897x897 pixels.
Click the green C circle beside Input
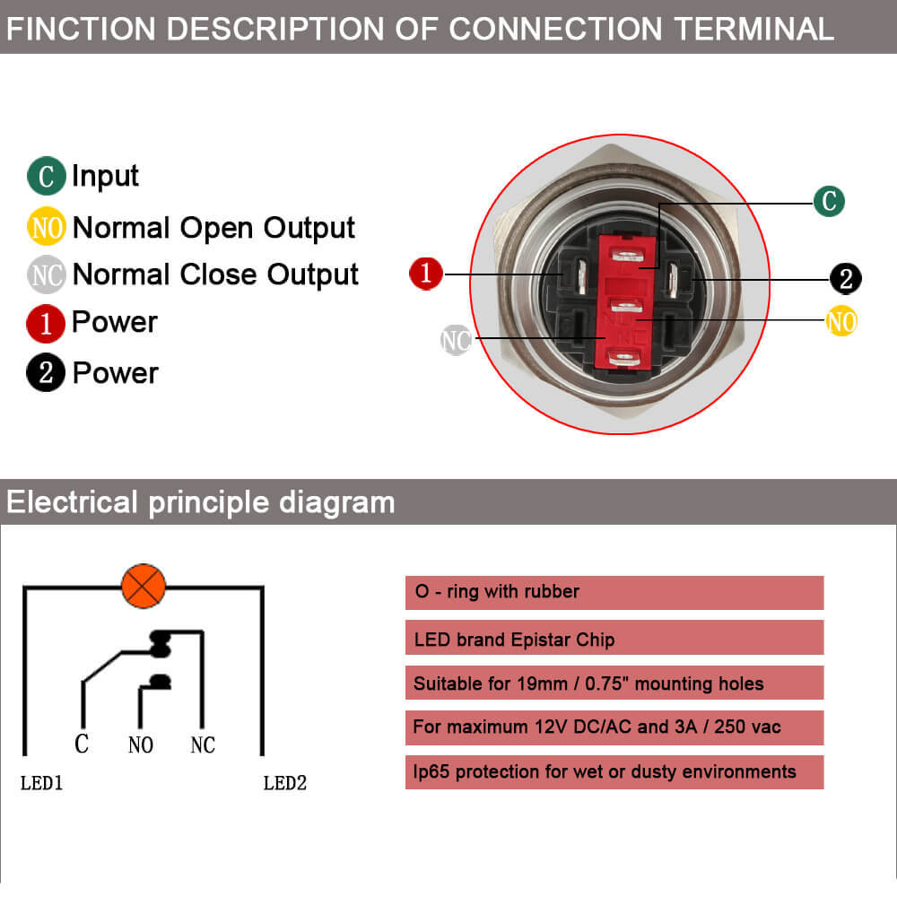click(47, 176)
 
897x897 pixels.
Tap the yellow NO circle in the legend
click(47, 228)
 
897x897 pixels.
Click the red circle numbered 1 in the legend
click(46, 323)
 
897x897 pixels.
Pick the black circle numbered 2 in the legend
click(46, 373)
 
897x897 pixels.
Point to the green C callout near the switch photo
click(829, 201)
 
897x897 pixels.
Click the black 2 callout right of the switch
click(845, 278)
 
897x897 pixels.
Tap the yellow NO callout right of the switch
click(841, 320)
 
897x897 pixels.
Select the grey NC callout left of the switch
click(457, 340)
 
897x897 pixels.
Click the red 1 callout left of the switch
click(426, 273)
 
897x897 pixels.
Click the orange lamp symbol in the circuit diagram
click(144, 588)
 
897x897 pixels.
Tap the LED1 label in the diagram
click(41, 783)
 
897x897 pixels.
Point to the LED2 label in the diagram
click(285, 783)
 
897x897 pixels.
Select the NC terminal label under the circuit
click(203, 745)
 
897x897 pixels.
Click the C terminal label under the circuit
click(82, 745)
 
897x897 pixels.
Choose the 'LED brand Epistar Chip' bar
click(614, 640)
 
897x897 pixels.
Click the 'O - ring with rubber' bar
click(614, 592)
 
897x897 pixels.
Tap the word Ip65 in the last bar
click(432, 771)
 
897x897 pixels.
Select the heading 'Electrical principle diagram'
click(200, 501)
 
